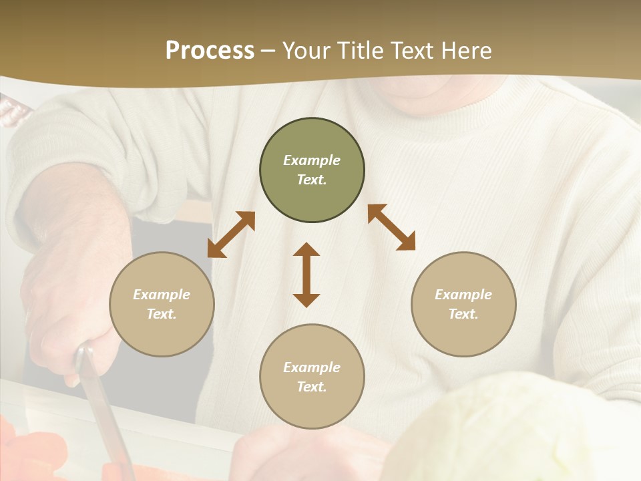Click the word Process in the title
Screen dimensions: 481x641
[x=210, y=51]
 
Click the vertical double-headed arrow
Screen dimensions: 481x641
[x=306, y=275]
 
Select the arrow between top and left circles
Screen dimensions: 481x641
[x=231, y=234]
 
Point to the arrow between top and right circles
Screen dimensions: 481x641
[x=391, y=227]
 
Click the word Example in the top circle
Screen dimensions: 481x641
[x=312, y=160]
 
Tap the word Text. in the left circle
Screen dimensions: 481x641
[x=162, y=314]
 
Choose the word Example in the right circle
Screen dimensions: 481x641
[x=463, y=295]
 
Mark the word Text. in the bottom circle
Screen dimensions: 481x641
[x=312, y=387]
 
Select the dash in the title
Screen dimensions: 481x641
[x=268, y=51]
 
